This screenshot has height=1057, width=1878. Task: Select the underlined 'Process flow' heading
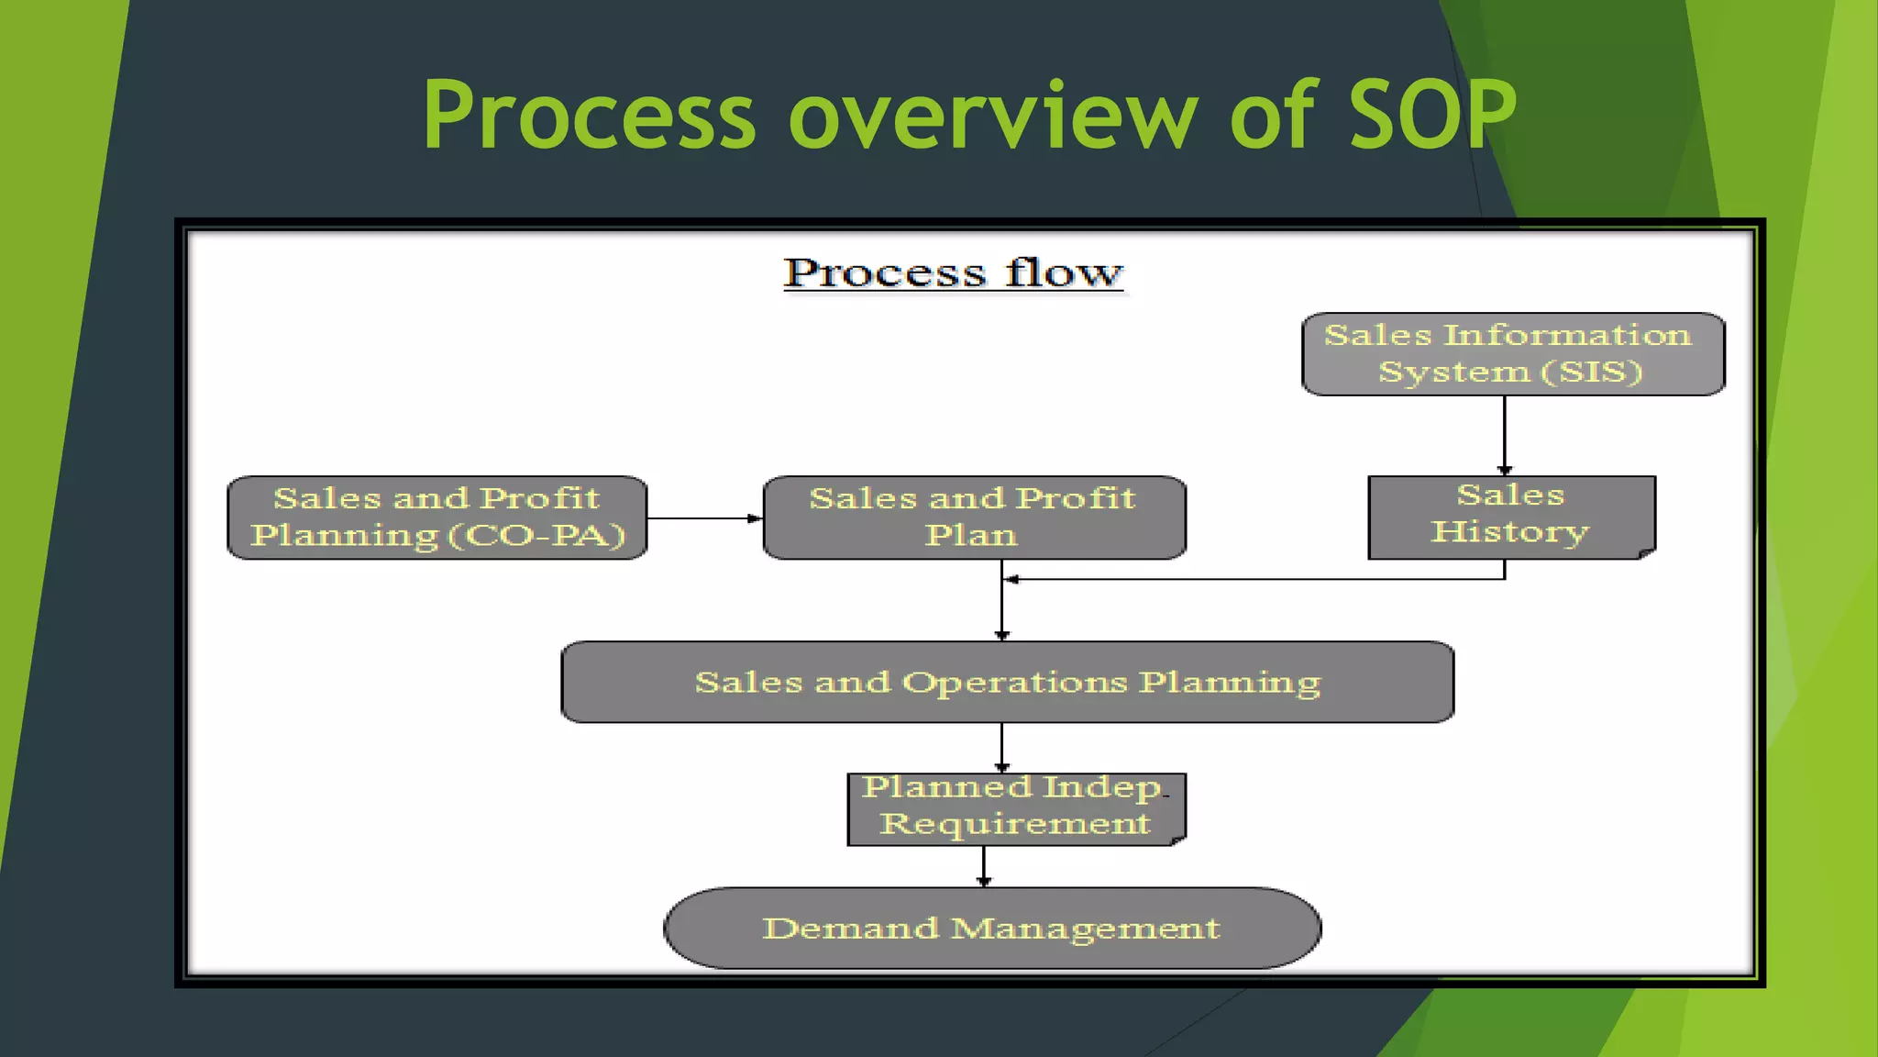pyautogui.click(x=953, y=273)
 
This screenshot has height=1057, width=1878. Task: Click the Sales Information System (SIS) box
pyautogui.click(x=1513, y=354)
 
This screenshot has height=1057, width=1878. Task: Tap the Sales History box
pyautogui.click(x=1511, y=517)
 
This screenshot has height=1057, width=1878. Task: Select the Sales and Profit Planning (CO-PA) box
pyautogui.click(x=437, y=517)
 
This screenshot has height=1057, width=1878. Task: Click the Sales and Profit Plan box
pyautogui.click(x=974, y=517)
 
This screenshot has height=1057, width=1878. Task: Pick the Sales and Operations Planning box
pyautogui.click(x=1007, y=682)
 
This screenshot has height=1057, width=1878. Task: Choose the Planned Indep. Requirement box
pyautogui.click(x=1016, y=808)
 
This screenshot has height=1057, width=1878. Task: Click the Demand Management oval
pyautogui.click(x=992, y=928)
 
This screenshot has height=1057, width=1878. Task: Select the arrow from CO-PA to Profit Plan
pyautogui.click(x=704, y=518)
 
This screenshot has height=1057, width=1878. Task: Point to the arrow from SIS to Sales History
pyautogui.click(x=1505, y=435)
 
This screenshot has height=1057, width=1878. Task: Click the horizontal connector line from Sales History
pyautogui.click(x=1256, y=579)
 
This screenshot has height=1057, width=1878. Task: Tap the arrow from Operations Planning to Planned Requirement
pyautogui.click(x=1001, y=747)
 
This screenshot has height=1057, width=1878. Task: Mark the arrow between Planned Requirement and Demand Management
pyautogui.click(x=984, y=865)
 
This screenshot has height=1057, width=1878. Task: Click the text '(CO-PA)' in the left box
pyautogui.click(x=537, y=536)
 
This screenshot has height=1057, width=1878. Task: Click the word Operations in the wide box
pyautogui.click(x=1014, y=683)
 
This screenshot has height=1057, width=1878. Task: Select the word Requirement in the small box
pyautogui.click(x=1014, y=824)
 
